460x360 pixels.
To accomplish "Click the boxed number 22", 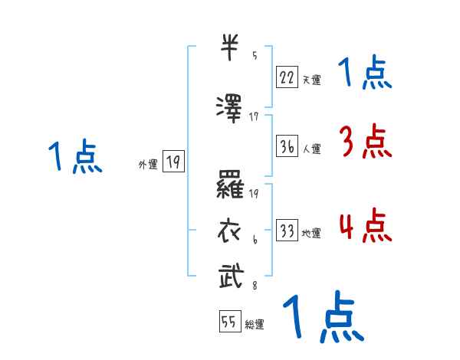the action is click(287, 77).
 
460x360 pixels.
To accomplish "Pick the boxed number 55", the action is click(229, 322).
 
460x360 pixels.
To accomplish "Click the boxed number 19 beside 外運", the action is click(173, 162).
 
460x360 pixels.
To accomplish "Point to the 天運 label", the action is click(311, 79).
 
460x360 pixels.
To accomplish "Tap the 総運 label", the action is click(255, 325).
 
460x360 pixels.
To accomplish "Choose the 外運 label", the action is click(147, 164).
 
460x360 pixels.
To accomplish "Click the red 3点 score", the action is click(364, 142).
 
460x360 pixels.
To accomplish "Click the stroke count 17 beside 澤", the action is click(255, 116).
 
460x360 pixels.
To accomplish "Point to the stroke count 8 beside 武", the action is click(254, 286).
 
